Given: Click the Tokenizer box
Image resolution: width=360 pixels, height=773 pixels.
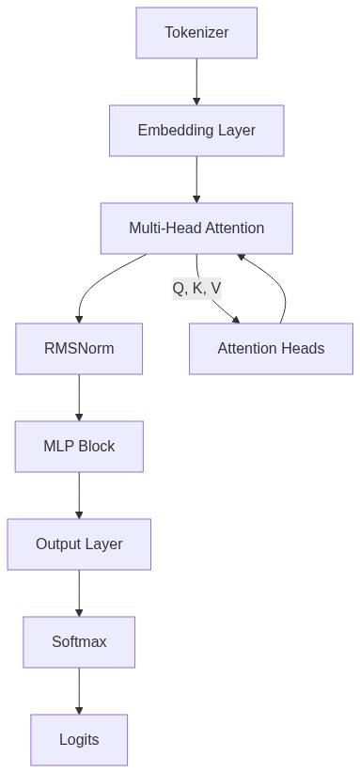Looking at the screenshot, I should (196, 33).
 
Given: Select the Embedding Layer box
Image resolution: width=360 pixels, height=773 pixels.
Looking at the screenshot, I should (196, 131).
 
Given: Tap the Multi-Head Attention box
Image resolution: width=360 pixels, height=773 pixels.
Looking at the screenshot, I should (196, 229).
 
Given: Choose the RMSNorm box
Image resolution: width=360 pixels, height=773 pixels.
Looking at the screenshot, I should (79, 349).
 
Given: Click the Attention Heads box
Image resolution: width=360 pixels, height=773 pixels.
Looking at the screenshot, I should (271, 349).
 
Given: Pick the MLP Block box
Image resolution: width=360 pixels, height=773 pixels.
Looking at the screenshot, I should (79, 447).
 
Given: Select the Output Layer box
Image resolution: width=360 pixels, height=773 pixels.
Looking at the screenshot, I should (79, 544).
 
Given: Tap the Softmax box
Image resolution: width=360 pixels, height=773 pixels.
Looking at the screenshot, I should (79, 642).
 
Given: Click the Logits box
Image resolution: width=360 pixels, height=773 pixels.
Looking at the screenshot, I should (79, 740).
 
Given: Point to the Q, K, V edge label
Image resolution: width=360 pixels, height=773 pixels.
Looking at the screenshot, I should (196, 289).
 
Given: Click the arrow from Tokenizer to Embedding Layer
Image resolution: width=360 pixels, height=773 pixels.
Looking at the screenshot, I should (196, 82).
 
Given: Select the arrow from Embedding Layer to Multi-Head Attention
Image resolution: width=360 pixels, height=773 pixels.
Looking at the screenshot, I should (196, 180).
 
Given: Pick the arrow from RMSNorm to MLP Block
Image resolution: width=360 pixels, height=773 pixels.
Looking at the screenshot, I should (79, 398).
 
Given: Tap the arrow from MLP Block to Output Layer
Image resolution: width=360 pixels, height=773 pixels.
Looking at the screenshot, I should (79, 496).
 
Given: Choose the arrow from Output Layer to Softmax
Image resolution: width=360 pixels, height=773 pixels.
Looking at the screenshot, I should (79, 593).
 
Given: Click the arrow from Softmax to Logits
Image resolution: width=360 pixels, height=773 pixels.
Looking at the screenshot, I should (79, 691).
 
